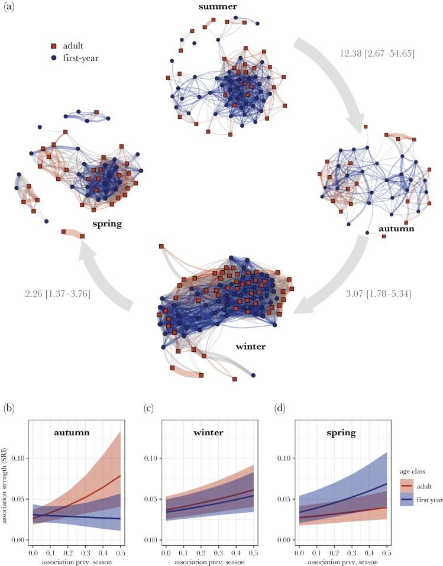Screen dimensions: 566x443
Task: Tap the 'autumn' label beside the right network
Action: coord(399,227)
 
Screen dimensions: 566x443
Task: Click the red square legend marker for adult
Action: coord(53,46)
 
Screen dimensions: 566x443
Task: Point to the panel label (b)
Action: coord(9,408)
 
